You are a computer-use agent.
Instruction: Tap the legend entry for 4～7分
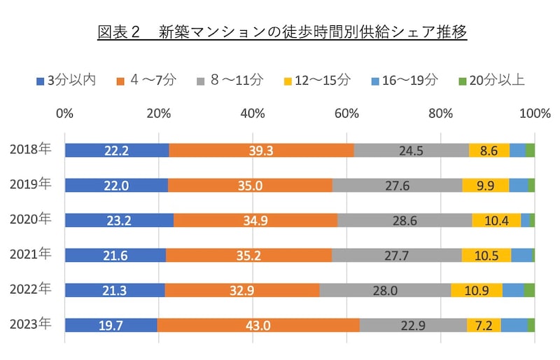(x=144, y=80)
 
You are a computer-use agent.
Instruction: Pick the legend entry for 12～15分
(x=314, y=80)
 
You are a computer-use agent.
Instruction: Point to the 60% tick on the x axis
(x=346, y=113)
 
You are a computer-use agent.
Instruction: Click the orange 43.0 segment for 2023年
(x=258, y=325)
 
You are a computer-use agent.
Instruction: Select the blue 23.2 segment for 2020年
(x=119, y=220)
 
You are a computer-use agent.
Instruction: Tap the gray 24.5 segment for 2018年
(x=412, y=150)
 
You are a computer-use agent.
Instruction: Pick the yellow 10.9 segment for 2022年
(x=477, y=290)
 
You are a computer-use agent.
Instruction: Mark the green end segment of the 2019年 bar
(x=531, y=185)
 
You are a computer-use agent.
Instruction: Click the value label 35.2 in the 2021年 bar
(x=248, y=255)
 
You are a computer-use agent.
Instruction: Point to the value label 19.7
(x=111, y=325)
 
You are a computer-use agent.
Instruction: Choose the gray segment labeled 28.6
(x=405, y=220)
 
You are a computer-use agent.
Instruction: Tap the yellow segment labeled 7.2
(x=484, y=325)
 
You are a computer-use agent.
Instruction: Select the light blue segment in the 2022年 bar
(x=513, y=290)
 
